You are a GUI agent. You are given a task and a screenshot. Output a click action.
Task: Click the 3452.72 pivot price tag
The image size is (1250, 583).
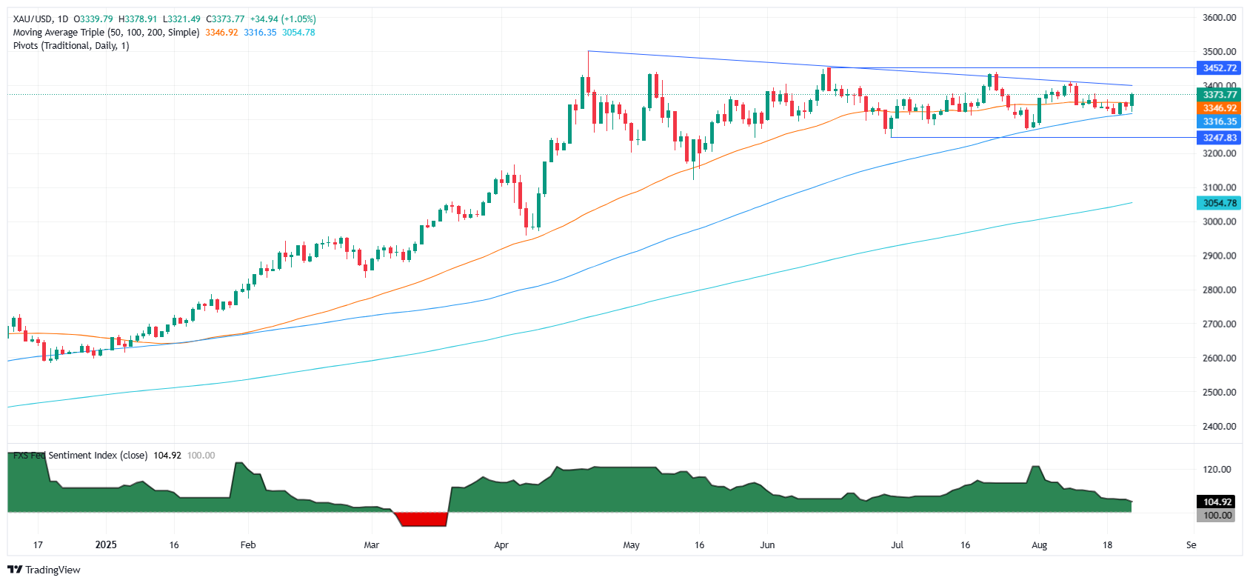pos(1219,68)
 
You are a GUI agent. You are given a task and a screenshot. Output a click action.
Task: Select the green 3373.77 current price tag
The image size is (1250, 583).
pos(1219,95)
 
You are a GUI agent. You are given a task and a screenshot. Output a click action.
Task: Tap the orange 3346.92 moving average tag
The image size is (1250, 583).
pos(1219,108)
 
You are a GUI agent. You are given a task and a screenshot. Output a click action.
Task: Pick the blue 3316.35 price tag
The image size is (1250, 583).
pos(1219,121)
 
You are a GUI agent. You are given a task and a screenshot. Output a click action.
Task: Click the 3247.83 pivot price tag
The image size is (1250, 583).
pos(1219,138)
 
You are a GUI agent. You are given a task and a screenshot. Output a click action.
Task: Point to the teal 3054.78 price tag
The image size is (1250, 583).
pos(1219,203)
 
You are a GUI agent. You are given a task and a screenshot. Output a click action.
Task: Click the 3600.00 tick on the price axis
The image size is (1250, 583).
pos(1219,18)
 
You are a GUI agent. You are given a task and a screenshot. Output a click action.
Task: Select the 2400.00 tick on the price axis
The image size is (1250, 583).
pos(1219,427)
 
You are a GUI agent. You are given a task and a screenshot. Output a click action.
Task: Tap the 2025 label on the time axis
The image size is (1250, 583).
pos(106,545)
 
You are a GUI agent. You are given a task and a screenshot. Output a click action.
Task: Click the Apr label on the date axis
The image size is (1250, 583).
pos(501,545)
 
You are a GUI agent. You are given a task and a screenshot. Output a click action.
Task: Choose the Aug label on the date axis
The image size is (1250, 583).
pos(1039,545)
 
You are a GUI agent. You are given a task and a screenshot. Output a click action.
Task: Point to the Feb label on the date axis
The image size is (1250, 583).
pos(248,545)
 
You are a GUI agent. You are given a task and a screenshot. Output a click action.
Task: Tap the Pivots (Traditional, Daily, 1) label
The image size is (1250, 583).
pos(71,46)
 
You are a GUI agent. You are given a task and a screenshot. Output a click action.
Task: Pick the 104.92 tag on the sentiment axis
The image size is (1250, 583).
pos(1217,502)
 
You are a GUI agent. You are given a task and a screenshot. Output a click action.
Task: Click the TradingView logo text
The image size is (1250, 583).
pos(52,570)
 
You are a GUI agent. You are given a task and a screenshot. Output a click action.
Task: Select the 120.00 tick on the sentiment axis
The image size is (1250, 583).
pos(1217,470)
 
